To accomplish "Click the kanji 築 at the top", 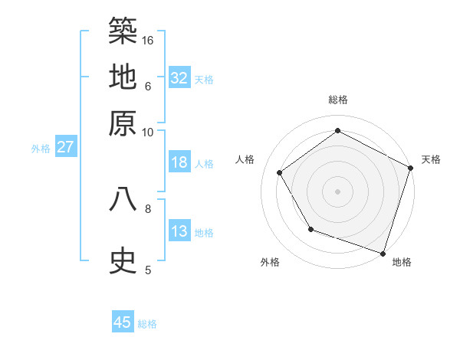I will pos(123,31).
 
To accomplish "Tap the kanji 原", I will pos(123,123).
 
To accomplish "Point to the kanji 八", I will pos(123,199).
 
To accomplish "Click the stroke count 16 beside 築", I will pos(148,39).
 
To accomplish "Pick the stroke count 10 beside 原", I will pos(148,132).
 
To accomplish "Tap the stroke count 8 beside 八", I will pos(148,208).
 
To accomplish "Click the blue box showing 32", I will pos(179,77).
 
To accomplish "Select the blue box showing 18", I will pos(179,162).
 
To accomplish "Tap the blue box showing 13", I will pos(179,231).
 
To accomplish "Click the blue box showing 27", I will pos(65,147).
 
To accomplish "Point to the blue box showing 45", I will pos(123,322).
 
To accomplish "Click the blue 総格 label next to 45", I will pos(147,324).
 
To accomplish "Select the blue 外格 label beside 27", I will pos(41,149).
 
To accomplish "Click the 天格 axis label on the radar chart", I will pos(431,159).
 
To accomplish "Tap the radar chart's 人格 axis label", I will pos(245,159).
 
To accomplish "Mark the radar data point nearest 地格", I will pos(383,253).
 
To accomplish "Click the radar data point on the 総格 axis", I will pos(337,130).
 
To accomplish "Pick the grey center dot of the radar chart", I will pos(337,191).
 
